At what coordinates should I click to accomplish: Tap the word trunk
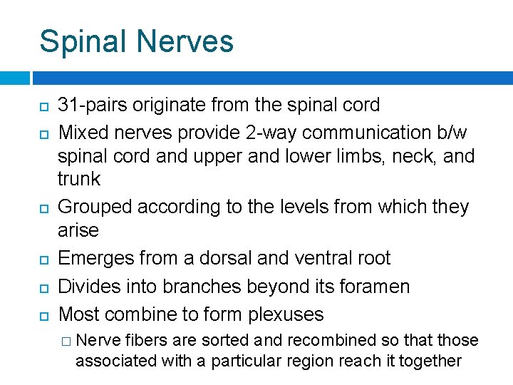tap(79, 178)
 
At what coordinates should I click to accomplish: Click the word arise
tap(78, 230)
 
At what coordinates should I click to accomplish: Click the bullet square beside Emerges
tap(43, 259)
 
